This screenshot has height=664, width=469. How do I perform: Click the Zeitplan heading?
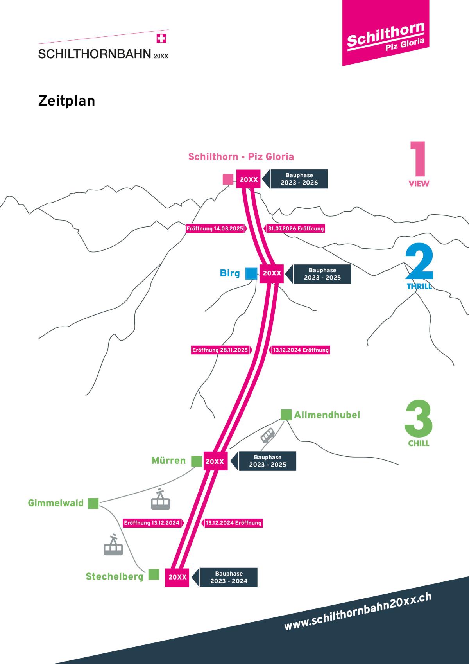(67, 101)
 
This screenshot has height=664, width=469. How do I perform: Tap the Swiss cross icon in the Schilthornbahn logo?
(161, 39)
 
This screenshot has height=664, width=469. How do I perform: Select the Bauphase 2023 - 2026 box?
(299, 179)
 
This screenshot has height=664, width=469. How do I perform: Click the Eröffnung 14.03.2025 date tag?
(215, 228)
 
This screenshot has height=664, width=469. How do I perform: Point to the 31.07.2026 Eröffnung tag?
(295, 228)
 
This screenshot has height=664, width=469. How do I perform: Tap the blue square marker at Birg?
(251, 274)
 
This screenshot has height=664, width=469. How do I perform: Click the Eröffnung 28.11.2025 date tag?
(220, 350)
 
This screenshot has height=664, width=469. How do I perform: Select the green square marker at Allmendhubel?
(286, 415)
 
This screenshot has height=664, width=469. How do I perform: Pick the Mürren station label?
(168, 460)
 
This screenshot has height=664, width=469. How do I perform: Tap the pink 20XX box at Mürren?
(215, 461)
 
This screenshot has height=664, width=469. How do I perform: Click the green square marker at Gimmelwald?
(93, 503)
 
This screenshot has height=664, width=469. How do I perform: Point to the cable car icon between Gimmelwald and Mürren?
(160, 499)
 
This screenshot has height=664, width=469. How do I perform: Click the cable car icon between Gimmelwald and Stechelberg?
(113, 545)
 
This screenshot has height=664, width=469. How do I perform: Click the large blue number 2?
(419, 262)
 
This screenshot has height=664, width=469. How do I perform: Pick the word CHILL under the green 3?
(419, 443)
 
